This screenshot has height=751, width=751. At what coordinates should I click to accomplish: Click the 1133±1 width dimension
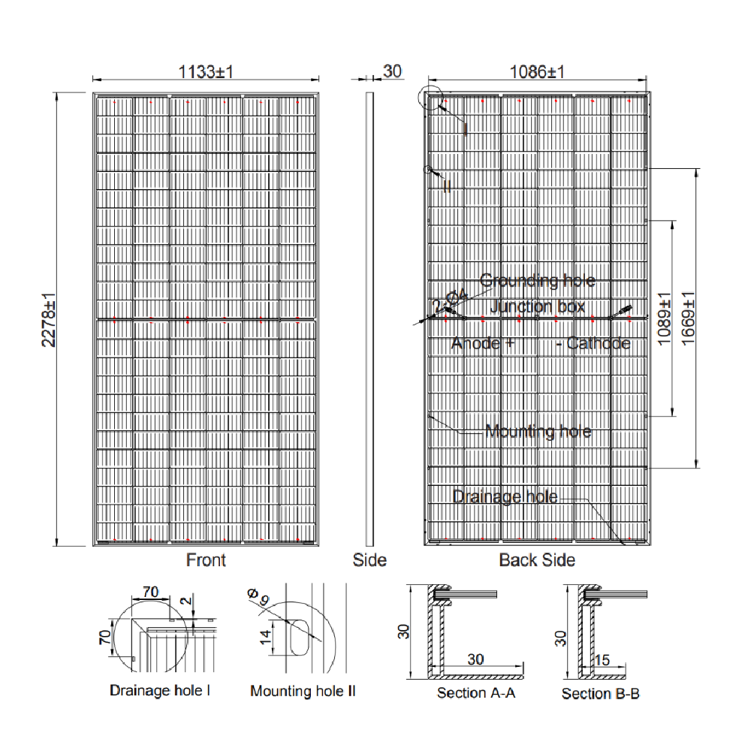[207, 72]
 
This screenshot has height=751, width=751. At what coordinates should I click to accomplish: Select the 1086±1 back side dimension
[537, 72]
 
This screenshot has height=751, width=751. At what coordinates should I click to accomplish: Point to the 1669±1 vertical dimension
[686, 319]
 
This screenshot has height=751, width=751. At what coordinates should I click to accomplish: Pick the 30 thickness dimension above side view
[393, 71]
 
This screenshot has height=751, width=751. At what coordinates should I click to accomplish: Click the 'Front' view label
[206, 560]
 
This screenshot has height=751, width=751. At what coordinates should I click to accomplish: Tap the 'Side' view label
[369, 560]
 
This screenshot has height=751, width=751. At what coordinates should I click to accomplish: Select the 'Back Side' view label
[537, 560]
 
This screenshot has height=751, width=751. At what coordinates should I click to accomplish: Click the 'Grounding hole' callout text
[537, 281]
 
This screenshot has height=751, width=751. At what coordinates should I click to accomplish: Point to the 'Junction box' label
[537, 306]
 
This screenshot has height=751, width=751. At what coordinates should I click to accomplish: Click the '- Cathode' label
[593, 344]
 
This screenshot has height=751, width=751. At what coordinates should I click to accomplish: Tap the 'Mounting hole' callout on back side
[538, 432]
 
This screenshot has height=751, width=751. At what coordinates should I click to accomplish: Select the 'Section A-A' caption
[476, 693]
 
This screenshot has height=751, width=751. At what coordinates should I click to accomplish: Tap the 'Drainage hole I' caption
[160, 690]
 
